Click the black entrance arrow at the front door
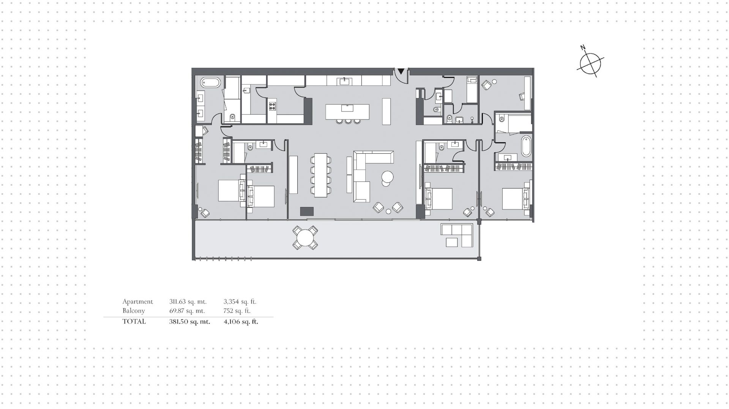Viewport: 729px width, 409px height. click(x=401, y=71)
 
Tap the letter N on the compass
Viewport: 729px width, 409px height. click(x=583, y=48)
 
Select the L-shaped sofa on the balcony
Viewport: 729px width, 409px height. click(x=457, y=235)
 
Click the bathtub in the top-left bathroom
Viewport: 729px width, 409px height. click(x=210, y=82)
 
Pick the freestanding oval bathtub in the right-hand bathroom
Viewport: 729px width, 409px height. click(x=526, y=146)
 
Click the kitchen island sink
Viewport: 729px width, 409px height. click(x=347, y=108)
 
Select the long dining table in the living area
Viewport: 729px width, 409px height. click(x=320, y=175)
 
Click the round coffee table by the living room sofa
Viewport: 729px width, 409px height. click(x=387, y=177)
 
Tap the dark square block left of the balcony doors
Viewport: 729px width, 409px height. click(x=307, y=211)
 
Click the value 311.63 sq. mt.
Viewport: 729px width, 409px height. click(x=188, y=302)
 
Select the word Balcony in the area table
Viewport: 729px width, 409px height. click(x=134, y=311)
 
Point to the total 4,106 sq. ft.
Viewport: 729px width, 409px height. click(x=241, y=322)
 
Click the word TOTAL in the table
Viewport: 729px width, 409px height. click(x=134, y=321)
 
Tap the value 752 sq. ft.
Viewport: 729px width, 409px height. click(x=237, y=311)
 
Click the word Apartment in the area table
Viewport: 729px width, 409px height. click(x=137, y=302)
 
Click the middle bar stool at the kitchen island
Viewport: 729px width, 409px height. click(x=347, y=121)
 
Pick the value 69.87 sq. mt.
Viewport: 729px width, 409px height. click(x=187, y=311)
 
